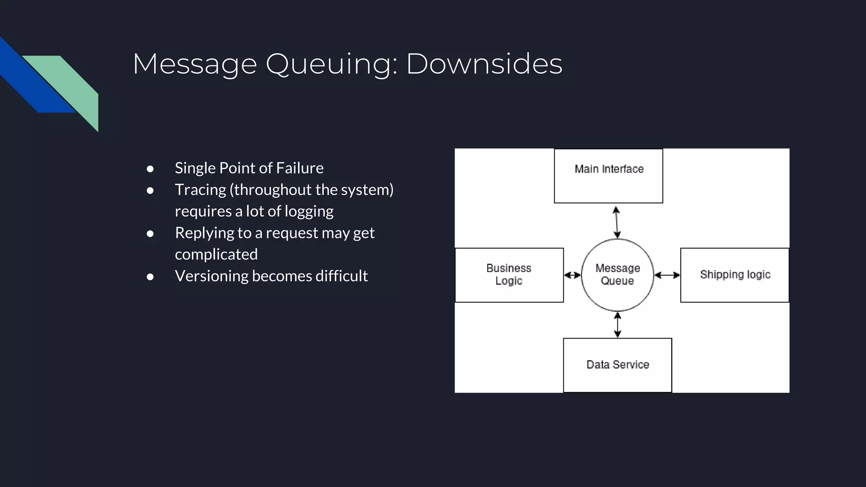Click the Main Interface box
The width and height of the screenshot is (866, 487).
pos(608,176)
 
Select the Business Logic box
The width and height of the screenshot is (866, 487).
pos(509,275)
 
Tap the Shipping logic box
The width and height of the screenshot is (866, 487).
pos(734,275)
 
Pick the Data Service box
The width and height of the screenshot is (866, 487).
pos(617,365)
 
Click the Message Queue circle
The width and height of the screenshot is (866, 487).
pos(617,275)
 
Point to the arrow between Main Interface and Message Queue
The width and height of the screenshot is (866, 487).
pos(617,222)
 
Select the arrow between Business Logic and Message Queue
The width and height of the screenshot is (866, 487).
pos(573,275)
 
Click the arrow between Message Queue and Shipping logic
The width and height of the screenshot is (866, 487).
pos(667,275)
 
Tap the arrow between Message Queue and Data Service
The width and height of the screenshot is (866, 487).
pos(617,325)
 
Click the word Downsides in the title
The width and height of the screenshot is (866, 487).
pos(484,64)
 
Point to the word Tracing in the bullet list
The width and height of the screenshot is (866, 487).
pos(200,190)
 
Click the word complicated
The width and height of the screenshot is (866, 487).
pos(216,254)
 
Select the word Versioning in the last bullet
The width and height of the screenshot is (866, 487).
pos(211,276)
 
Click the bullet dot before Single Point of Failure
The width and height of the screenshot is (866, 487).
pos(150,169)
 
